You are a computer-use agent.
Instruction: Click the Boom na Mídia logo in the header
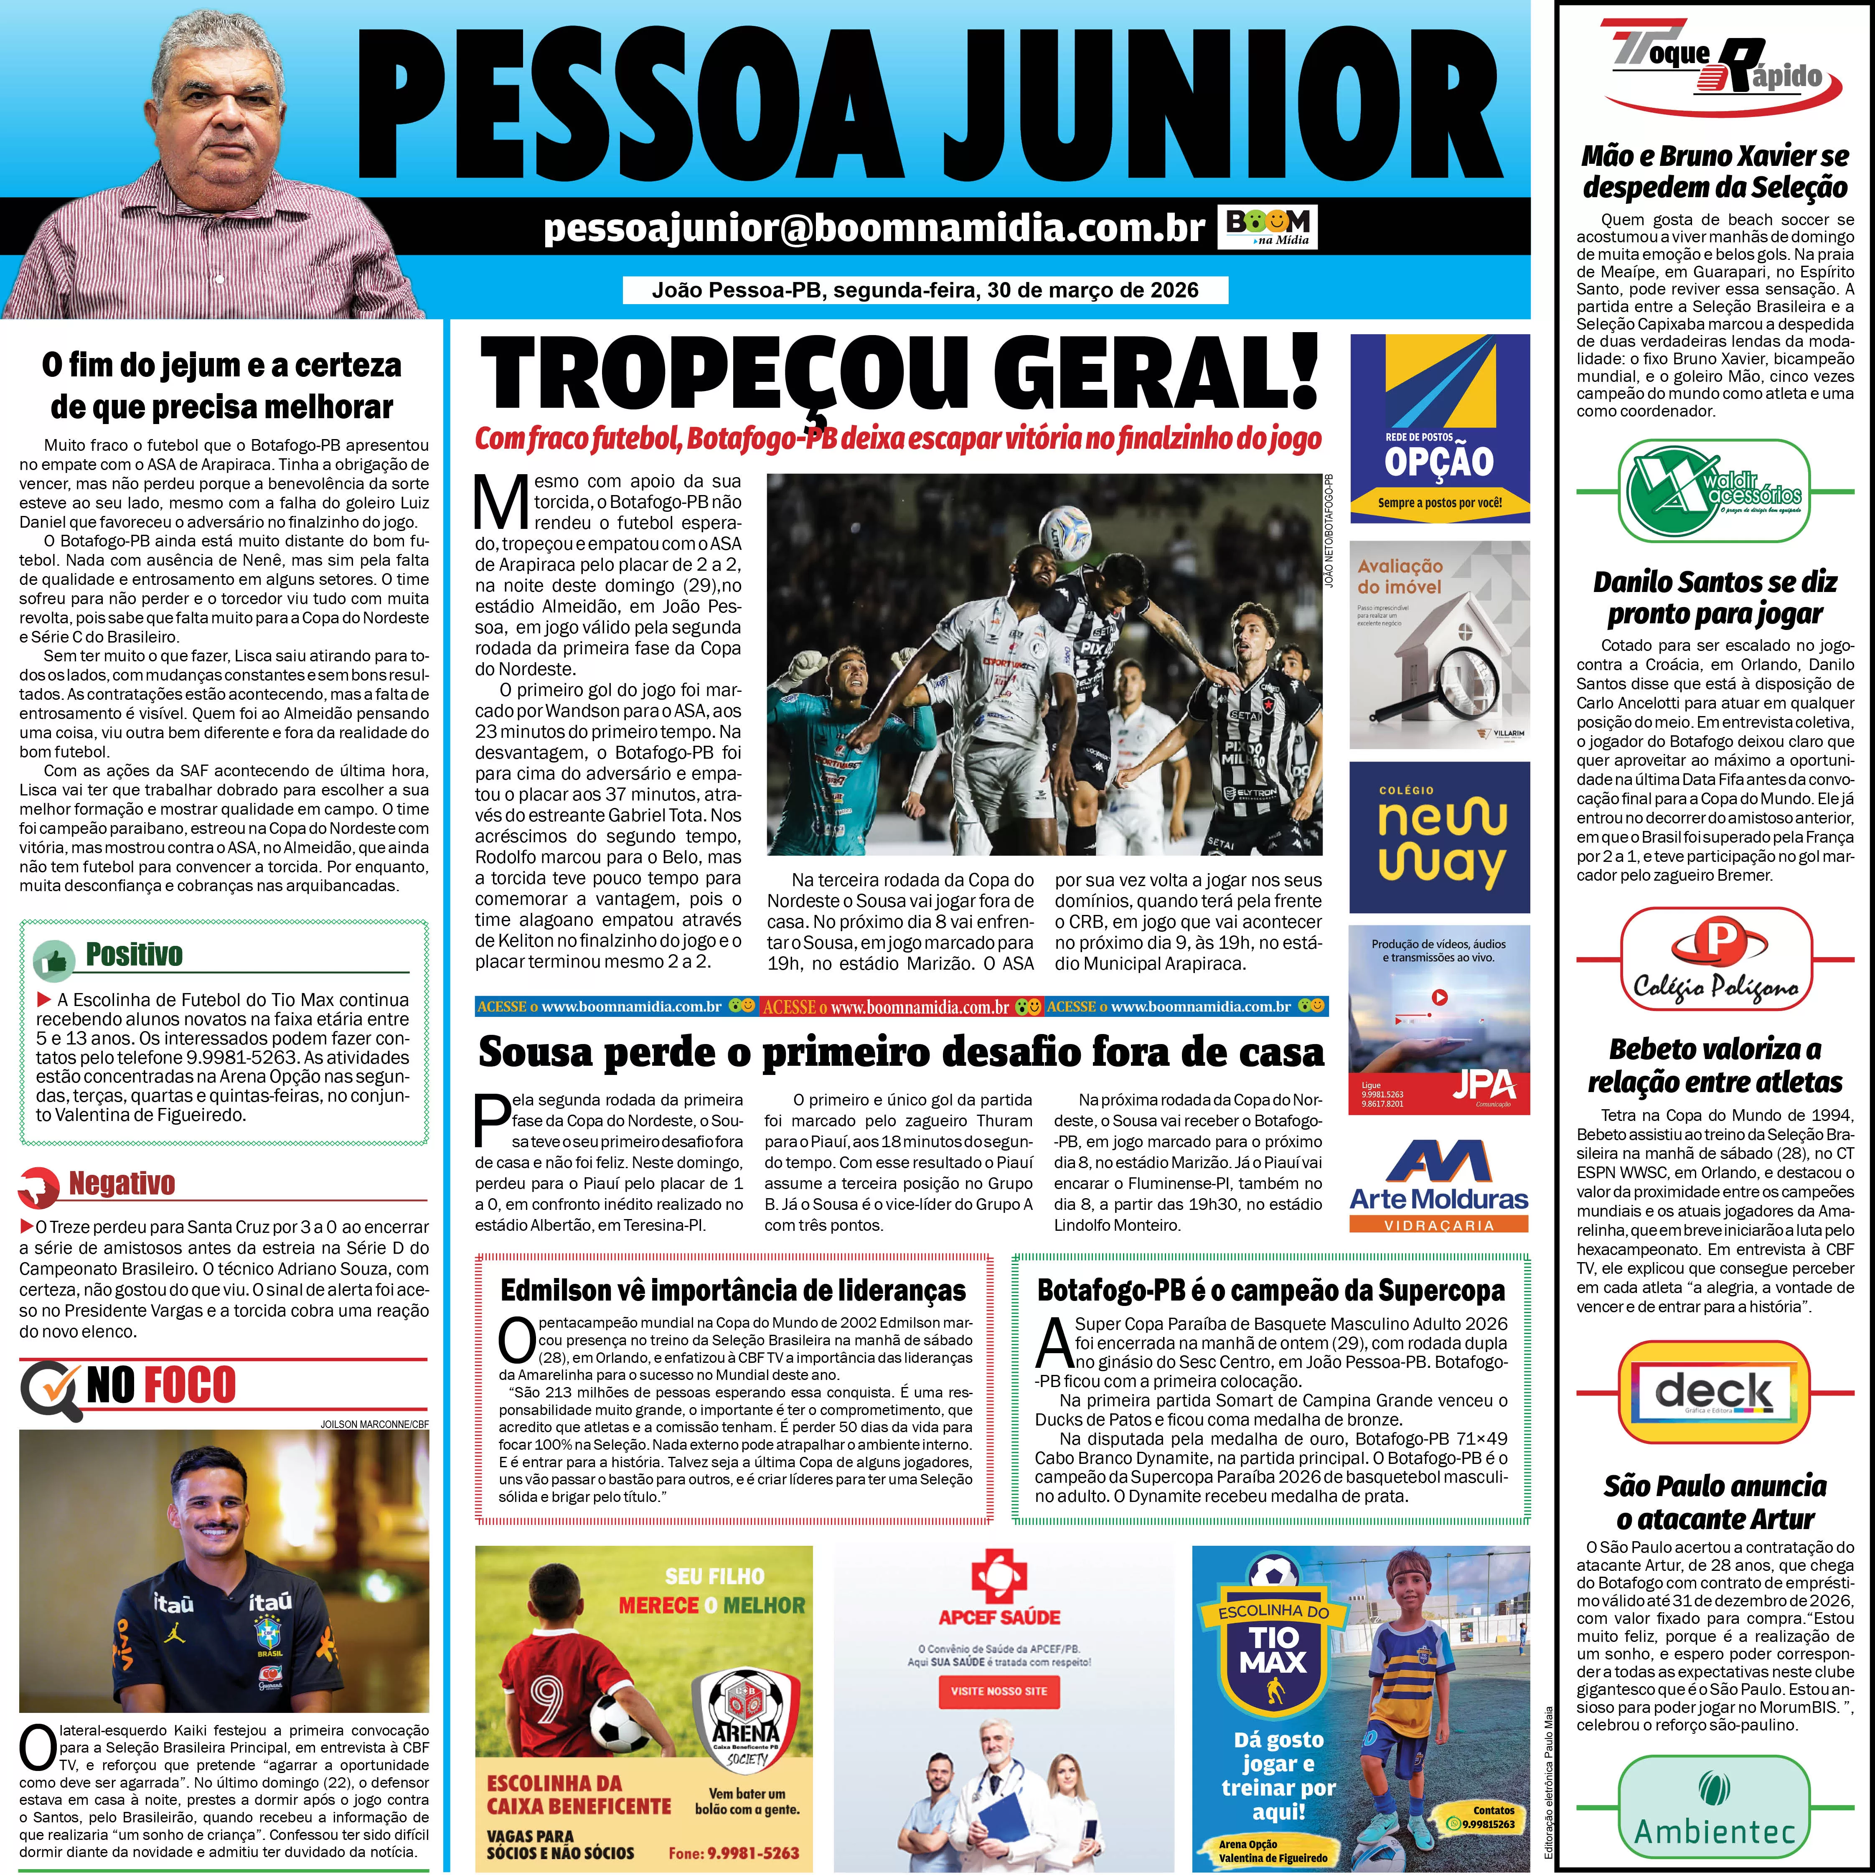tap(1268, 227)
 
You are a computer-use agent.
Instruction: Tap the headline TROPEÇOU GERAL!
tap(899, 376)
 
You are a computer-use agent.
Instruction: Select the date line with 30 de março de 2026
tap(925, 290)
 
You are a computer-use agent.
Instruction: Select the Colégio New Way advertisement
tap(1440, 836)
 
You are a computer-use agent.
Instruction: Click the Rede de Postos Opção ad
tap(1440, 427)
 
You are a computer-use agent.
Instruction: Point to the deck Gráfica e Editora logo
tap(1715, 1392)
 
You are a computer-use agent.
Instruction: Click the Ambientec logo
tap(1715, 1813)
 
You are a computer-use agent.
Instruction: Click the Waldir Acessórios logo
tap(1715, 490)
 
